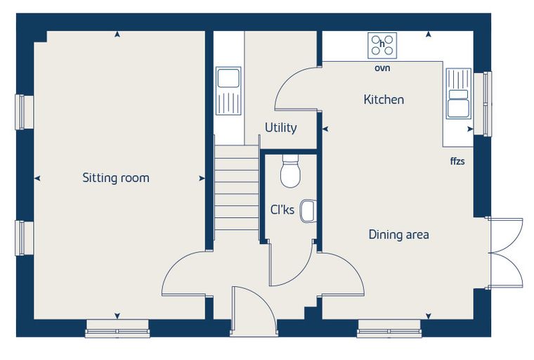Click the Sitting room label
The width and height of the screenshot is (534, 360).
(116, 178)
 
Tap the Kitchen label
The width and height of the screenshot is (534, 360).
(384, 100)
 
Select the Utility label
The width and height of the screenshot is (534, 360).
(280, 128)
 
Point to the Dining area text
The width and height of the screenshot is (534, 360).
(399, 235)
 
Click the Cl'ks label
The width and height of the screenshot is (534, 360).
(282, 210)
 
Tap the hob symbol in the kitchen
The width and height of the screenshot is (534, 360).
(382, 45)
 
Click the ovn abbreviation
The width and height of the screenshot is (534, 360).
(382, 68)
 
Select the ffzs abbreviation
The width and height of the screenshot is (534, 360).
(457, 161)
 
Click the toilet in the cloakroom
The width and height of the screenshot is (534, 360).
(290, 171)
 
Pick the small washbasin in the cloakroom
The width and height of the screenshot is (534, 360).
(308, 210)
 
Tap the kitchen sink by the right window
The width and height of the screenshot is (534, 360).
(459, 93)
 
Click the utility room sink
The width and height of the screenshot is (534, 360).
(228, 91)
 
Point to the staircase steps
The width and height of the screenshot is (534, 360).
(237, 187)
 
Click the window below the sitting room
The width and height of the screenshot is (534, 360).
(117, 328)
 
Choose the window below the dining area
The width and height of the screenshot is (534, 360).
(389, 328)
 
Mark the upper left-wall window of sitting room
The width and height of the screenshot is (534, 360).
(24, 112)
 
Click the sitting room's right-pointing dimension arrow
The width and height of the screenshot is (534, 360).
(202, 179)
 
